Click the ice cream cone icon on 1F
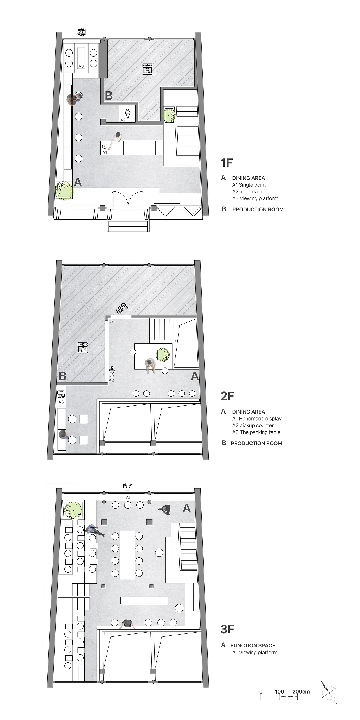128,113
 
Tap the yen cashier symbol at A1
105,146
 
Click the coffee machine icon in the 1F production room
147,68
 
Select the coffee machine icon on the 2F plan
83,347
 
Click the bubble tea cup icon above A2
112,372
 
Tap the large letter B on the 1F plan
109,96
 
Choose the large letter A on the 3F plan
187,508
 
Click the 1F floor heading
227,163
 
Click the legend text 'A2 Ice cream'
247,192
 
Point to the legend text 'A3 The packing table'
256,432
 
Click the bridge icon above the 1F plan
81,32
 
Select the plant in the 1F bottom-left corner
64,190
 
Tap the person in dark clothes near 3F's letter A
165,510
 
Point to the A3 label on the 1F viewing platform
81,66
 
